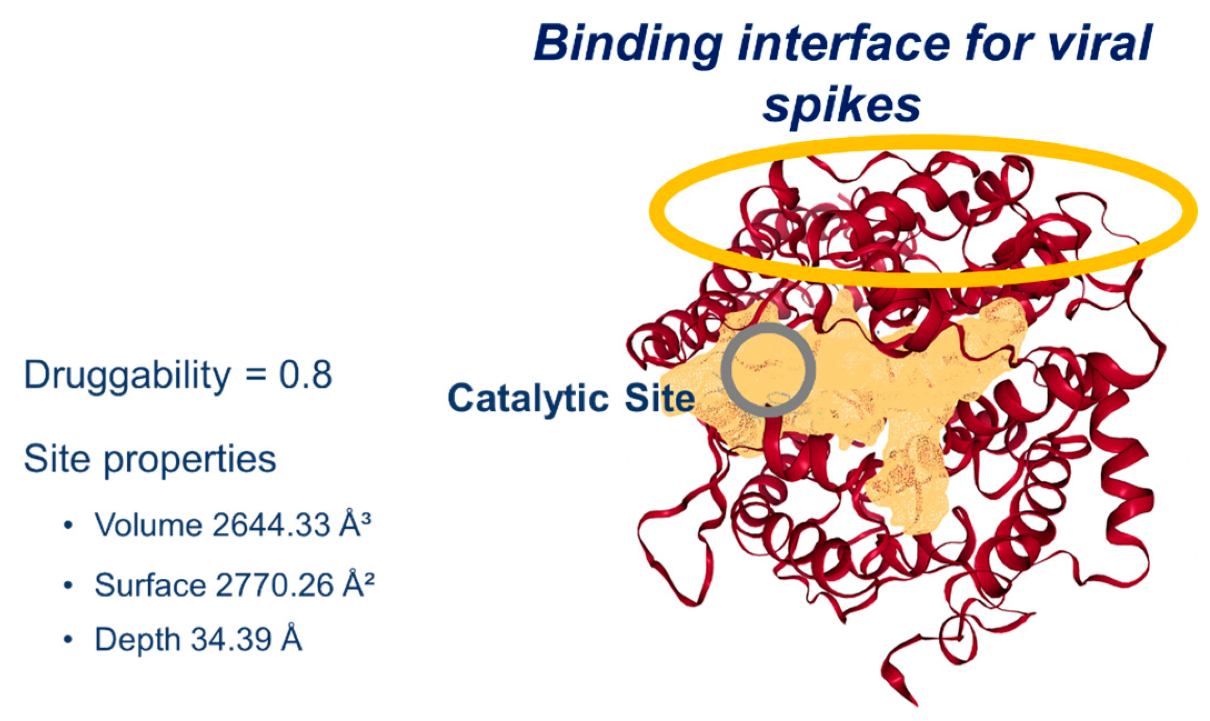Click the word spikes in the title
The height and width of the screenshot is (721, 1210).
pyautogui.click(x=842, y=106)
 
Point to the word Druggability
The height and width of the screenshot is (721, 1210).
pyautogui.click(x=127, y=377)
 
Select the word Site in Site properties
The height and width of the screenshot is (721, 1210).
pyautogui.click(x=56, y=459)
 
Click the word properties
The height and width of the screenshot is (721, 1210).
pyautogui.click(x=190, y=461)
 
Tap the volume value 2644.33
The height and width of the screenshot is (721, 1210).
pyautogui.click(x=271, y=525)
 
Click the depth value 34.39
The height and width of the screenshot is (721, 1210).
pyautogui.click(x=231, y=640)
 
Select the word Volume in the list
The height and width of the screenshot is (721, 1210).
pyautogui.click(x=148, y=525)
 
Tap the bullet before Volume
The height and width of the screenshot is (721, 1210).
pyautogui.click(x=68, y=526)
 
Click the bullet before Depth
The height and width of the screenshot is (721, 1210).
pyautogui.click(x=68, y=640)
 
